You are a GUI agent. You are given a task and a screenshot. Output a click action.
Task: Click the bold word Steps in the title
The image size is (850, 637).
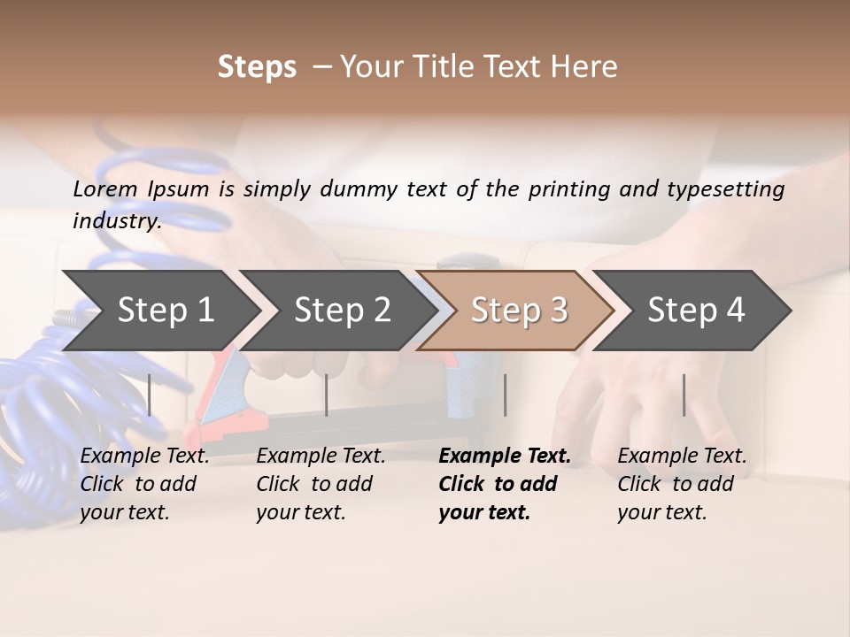pyautogui.click(x=257, y=67)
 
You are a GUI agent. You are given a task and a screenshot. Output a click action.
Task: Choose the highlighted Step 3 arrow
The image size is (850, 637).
pyautogui.click(x=519, y=310)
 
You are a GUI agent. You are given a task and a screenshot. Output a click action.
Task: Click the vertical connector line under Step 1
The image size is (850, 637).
pyautogui.click(x=150, y=395)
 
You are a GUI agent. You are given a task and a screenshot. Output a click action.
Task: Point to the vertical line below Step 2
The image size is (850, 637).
pyautogui.click(x=327, y=395)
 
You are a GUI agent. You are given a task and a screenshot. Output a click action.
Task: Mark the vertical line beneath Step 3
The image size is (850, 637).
pyautogui.click(x=506, y=395)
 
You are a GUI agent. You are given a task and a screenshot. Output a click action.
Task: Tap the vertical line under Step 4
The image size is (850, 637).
pyautogui.click(x=684, y=395)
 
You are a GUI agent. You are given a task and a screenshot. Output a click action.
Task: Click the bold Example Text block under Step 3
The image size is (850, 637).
pyautogui.click(x=505, y=484)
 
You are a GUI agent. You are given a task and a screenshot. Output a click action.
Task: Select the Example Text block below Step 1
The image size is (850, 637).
pyautogui.click(x=144, y=484)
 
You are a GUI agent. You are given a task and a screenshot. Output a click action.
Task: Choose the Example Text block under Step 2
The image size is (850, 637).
pyautogui.click(x=321, y=484)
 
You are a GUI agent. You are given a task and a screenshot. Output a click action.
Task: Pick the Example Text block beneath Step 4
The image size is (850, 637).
pyautogui.click(x=682, y=484)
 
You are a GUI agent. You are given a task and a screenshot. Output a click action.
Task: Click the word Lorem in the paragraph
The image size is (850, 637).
pyautogui.click(x=105, y=188)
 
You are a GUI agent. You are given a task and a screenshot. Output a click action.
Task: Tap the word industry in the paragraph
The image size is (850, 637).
pyautogui.click(x=116, y=220)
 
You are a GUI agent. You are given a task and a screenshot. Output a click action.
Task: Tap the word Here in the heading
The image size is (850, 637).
pyautogui.click(x=587, y=67)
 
